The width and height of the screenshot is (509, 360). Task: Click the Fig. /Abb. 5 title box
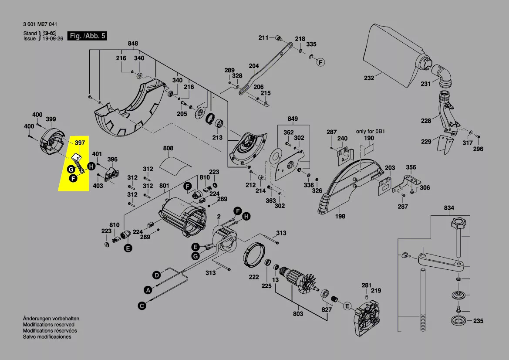88,36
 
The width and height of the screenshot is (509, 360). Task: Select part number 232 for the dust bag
369,79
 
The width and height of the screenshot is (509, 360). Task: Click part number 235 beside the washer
478,321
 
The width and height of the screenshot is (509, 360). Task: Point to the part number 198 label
340,216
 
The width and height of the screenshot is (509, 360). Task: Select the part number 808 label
168,148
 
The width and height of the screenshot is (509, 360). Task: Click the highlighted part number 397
80,143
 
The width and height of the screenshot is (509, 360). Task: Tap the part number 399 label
51,119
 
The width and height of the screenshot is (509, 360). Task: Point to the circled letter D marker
156,275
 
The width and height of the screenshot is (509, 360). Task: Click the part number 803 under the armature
298,314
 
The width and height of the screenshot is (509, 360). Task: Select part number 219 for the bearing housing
376,290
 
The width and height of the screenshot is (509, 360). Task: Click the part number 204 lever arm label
253,66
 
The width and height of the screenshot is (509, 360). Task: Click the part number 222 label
253,277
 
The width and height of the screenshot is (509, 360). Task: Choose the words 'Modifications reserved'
48,325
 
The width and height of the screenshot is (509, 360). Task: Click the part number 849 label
293,119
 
